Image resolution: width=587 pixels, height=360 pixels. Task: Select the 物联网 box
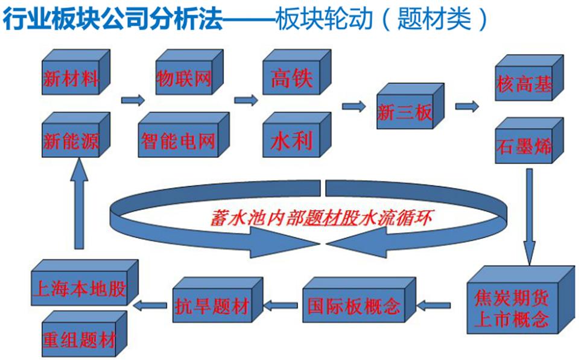pos(184,78)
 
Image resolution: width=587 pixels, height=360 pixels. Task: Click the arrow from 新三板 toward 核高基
pos(468,107)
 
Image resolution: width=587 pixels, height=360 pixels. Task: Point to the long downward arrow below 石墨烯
pos(529,217)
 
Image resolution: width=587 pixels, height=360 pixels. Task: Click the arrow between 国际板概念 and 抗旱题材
pos(281,306)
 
